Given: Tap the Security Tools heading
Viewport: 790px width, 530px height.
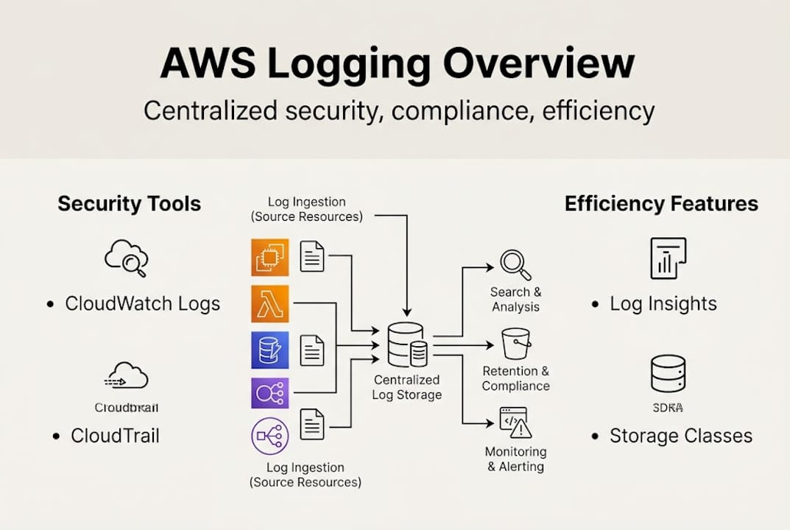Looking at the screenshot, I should tap(129, 204).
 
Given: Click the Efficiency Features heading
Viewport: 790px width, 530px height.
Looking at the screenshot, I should tap(661, 204).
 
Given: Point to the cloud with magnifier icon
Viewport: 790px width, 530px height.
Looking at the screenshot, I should tap(127, 258).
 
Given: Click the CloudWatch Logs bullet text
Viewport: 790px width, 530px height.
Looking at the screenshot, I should tap(142, 303).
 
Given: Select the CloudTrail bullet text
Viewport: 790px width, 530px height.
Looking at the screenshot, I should tap(115, 435).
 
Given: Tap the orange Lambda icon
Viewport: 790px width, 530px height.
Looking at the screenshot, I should tap(269, 304).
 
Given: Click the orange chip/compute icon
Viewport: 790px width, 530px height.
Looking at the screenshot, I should tap(269, 258).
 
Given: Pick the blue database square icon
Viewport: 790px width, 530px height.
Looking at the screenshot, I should tap(269, 350).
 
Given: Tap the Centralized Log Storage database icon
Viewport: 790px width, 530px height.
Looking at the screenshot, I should tap(407, 345).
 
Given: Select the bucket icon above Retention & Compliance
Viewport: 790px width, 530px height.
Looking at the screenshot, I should tap(515, 344).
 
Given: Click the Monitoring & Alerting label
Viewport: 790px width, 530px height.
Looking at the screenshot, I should tap(515, 459).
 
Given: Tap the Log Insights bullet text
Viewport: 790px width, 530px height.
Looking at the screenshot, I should tap(663, 303).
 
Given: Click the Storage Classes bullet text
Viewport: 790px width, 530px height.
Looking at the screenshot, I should tap(680, 435).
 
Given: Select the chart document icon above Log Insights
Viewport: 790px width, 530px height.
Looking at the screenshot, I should tap(668, 258).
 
